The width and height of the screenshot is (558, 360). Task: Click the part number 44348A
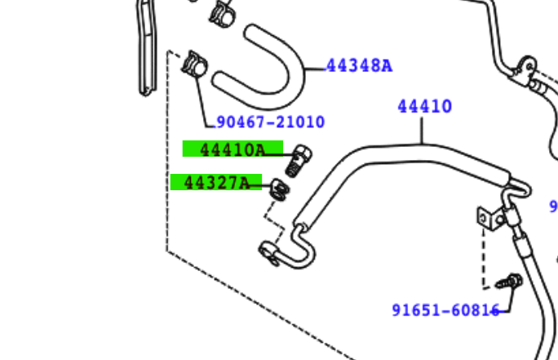click(360, 66)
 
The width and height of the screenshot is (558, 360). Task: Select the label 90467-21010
click(271, 122)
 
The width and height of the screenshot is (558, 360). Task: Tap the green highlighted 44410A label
click(232, 149)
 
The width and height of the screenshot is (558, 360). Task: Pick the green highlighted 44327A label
click(216, 182)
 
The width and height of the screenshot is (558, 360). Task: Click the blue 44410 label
click(424, 106)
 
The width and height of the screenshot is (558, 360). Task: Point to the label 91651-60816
click(446, 310)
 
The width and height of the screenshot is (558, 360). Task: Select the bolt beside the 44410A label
click(299, 161)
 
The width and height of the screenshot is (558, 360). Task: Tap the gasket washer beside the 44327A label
click(280, 189)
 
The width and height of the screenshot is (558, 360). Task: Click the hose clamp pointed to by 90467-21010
click(194, 64)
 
